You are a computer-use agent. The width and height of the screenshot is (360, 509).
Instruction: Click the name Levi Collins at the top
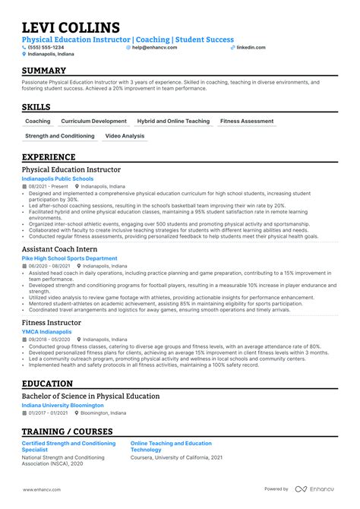point(71,28)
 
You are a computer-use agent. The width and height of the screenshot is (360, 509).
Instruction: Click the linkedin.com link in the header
point(251,47)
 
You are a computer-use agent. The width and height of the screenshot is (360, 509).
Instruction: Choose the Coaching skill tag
point(38,121)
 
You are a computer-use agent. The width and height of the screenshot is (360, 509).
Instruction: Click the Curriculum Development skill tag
point(94,121)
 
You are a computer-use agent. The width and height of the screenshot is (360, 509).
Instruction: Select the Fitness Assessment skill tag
point(247,121)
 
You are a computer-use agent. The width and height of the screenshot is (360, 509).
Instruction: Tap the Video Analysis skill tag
point(125,136)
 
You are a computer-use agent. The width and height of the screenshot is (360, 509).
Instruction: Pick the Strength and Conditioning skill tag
point(60,136)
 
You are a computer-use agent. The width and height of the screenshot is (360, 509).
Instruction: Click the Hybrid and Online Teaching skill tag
point(173,121)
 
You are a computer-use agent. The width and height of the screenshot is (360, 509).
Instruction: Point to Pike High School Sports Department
point(70,258)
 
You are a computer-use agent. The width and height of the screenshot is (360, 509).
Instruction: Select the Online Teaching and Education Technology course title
point(171,445)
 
